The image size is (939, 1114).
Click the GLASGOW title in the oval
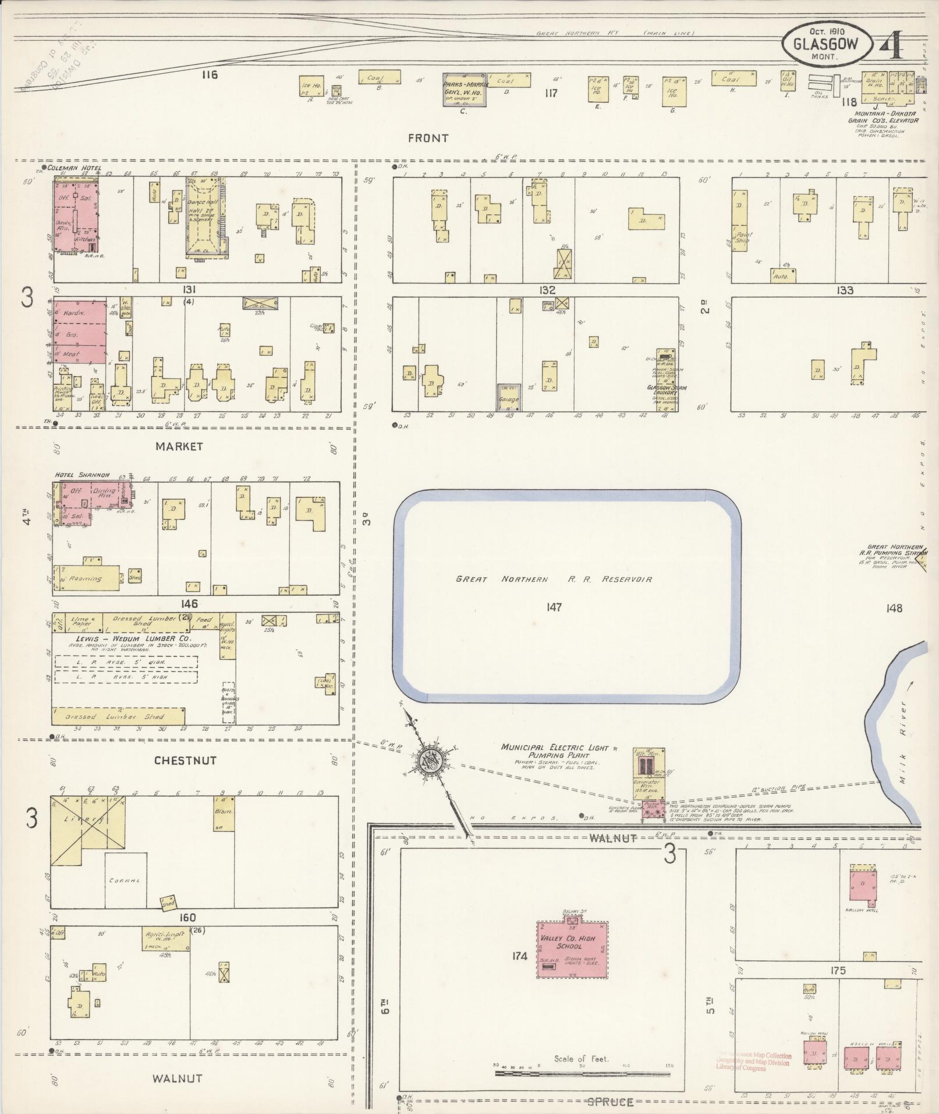(x=825, y=44)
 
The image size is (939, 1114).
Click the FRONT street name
(x=428, y=138)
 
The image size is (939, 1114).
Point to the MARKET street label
(x=179, y=446)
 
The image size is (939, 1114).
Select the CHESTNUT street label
(x=186, y=761)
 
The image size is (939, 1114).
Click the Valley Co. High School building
(x=573, y=949)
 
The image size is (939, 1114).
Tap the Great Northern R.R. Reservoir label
(x=554, y=579)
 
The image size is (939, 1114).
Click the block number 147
(x=554, y=607)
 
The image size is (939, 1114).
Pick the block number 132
(x=547, y=290)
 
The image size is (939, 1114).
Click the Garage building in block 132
(x=509, y=396)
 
